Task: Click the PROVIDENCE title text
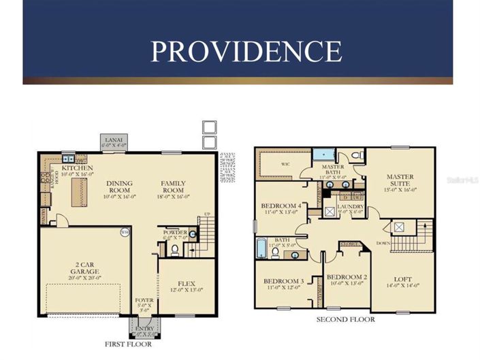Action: pos(246,52)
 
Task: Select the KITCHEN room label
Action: pos(77,167)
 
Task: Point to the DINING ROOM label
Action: pos(118,183)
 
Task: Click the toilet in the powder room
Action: pos(174,250)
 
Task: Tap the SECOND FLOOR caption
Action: pos(345,318)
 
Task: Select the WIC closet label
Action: pos(286,164)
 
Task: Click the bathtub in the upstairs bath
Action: pos(261,248)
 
